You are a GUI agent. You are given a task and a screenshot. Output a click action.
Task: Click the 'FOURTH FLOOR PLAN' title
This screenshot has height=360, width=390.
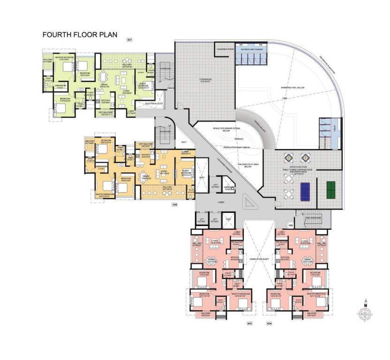pos(79,34)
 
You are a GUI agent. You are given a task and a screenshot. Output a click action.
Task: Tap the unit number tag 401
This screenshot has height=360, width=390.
pos(129,40)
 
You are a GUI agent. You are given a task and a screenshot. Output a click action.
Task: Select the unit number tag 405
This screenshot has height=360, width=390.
pos(249,323)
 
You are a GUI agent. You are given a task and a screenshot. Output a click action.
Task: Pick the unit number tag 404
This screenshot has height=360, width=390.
pos(269,323)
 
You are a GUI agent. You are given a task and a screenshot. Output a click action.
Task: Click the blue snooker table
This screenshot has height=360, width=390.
pos(305,190)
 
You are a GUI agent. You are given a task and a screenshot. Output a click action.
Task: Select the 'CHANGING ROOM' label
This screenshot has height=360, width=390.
pos(225,48)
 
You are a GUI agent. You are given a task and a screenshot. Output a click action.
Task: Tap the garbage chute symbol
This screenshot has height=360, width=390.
pos(229,187)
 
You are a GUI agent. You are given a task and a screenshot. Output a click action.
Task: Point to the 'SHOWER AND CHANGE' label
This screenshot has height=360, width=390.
pos(252,49)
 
